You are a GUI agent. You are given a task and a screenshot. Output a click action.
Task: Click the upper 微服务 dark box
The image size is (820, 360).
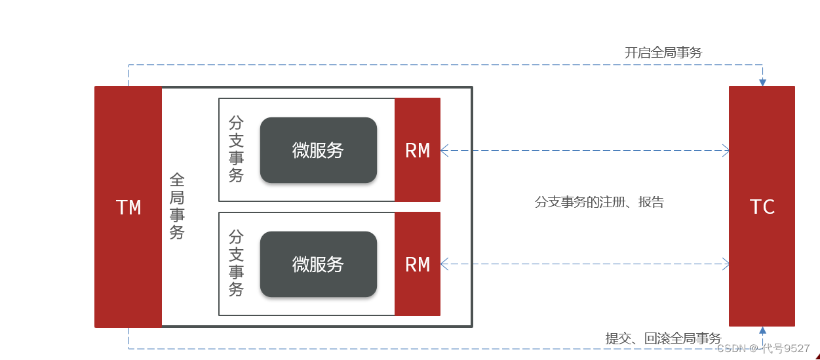click(318, 150)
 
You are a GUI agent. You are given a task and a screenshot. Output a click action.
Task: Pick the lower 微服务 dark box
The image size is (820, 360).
click(318, 264)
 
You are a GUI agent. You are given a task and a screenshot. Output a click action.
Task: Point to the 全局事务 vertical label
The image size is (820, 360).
click(177, 206)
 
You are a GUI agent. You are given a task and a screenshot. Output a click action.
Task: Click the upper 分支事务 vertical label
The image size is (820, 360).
click(236, 150)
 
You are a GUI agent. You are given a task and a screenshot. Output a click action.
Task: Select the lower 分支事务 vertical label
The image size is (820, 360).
click(236, 263)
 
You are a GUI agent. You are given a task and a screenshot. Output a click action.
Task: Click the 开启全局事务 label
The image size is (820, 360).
click(663, 52)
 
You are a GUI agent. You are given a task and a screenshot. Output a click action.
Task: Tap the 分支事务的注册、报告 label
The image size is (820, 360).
click(599, 202)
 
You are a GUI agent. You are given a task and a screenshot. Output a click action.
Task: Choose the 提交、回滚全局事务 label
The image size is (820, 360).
click(663, 338)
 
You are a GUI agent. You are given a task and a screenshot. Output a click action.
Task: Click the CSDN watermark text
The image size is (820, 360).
click(763, 348)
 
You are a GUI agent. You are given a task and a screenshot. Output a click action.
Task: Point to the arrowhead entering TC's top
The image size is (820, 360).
click(762, 82)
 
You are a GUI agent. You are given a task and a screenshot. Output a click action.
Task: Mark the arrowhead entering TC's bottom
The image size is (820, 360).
click(762, 331)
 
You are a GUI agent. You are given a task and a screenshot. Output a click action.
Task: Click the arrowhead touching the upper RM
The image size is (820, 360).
click(444, 151)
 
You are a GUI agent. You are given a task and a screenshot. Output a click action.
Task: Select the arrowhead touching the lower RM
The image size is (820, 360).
click(444, 264)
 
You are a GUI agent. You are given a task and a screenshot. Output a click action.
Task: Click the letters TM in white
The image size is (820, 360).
click(128, 208)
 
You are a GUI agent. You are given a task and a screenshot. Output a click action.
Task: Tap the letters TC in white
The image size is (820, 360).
click(762, 207)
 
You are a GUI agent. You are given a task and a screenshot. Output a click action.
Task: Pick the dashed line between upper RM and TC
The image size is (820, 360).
click(583, 151)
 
